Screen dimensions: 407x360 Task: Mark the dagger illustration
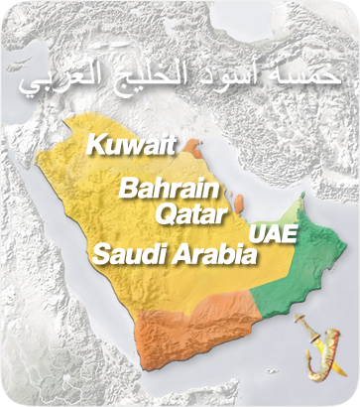pyautogui.click(x=314, y=347)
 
